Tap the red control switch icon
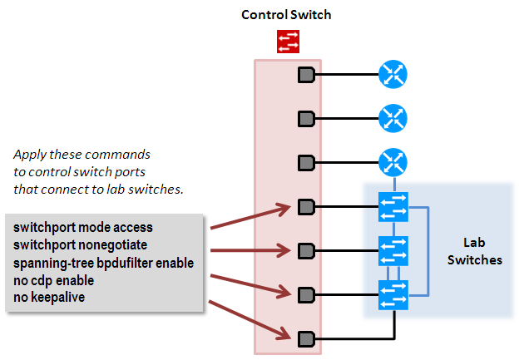[289, 41]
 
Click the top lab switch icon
[392, 206]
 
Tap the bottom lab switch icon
[392, 293]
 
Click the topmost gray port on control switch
[306, 76]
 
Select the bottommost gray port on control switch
[306, 338]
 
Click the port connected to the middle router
[306, 119]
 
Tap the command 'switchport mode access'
[82, 227]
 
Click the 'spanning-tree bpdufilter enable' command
[101, 263]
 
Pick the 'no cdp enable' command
[52, 280]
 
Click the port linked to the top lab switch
[306, 206]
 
